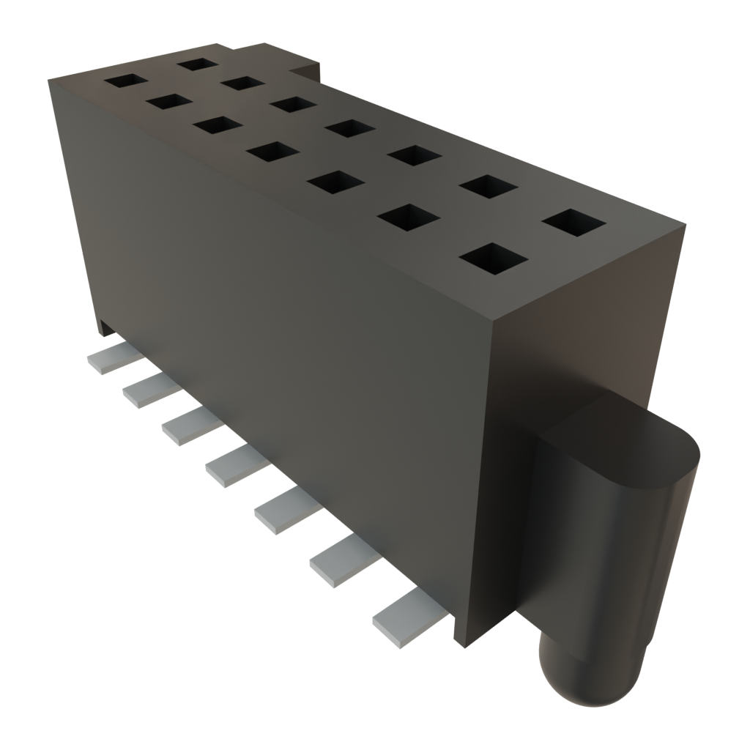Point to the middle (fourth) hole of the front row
(x=272, y=151)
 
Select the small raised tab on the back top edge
(x=308, y=67)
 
